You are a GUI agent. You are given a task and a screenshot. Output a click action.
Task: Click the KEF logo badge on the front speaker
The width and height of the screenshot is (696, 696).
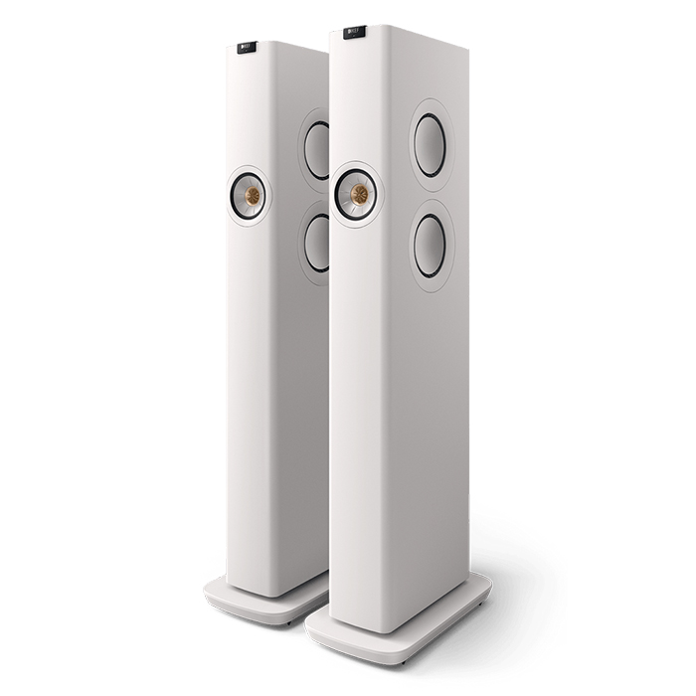coord(355,32)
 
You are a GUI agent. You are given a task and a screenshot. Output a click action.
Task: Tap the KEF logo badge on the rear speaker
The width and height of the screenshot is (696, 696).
coord(247,46)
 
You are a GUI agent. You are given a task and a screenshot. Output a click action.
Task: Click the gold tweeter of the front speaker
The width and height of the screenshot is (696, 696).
coord(357,193)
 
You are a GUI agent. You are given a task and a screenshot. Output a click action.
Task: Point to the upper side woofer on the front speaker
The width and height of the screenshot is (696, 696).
coord(430,145)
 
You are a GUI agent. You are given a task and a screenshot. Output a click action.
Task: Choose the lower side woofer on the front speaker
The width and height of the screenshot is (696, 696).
coord(430,246)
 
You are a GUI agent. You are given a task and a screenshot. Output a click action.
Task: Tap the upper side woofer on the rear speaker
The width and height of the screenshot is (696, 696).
coord(316,151)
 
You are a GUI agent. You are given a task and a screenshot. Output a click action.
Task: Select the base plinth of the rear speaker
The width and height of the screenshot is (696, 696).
coord(249,603)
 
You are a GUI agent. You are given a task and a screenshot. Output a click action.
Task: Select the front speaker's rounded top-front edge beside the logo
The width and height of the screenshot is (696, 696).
coord(383,32)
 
